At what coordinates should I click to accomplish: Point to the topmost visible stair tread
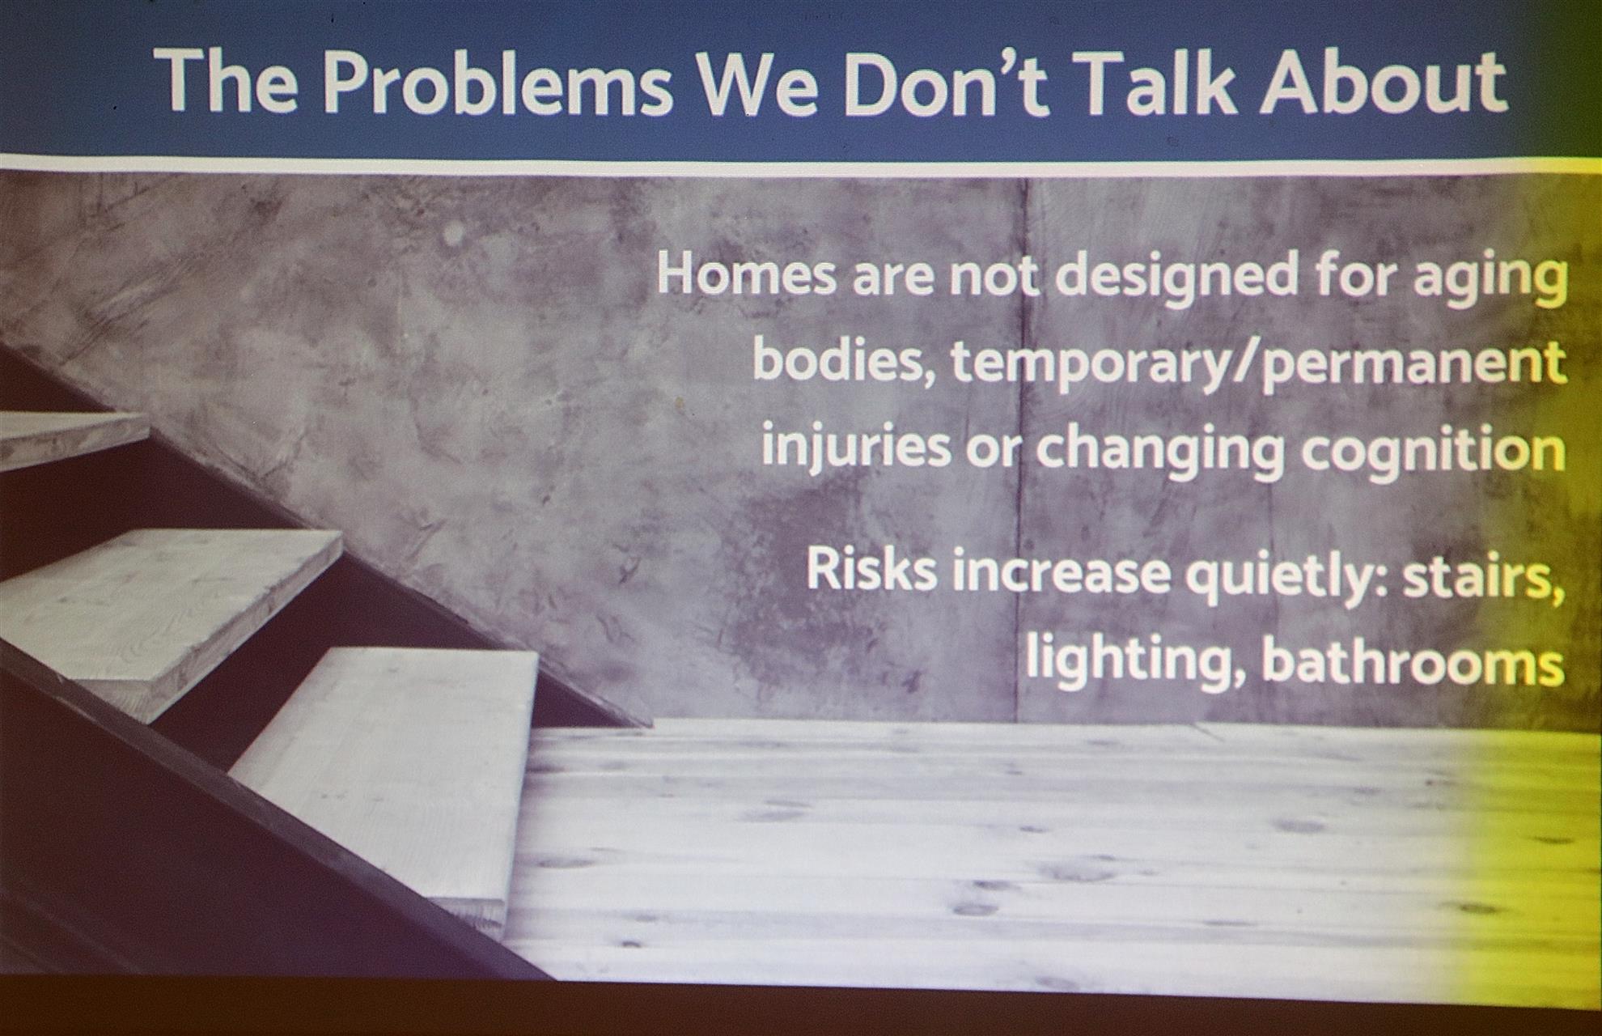[x=73, y=437]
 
